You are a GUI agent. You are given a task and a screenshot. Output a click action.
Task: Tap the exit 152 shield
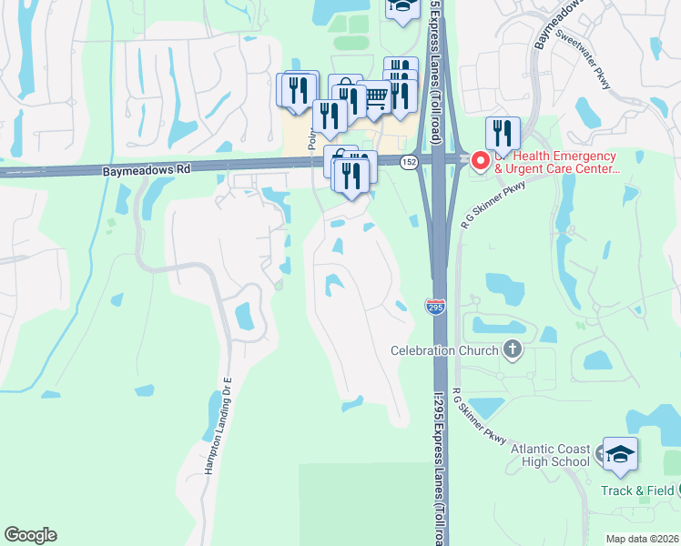coord(409,160)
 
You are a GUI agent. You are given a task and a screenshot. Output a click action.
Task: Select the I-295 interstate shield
coord(434,308)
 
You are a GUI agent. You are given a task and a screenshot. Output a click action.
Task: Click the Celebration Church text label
coord(444,350)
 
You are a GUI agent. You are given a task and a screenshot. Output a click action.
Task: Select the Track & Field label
coord(636,490)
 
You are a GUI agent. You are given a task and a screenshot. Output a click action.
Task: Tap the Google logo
coord(30,535)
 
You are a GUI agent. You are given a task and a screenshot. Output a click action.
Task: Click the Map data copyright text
coord(642,539)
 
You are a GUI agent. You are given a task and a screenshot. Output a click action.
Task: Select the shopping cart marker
coord(374,97)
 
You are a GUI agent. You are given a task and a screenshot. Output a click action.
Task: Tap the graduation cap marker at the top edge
coord(401,8)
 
